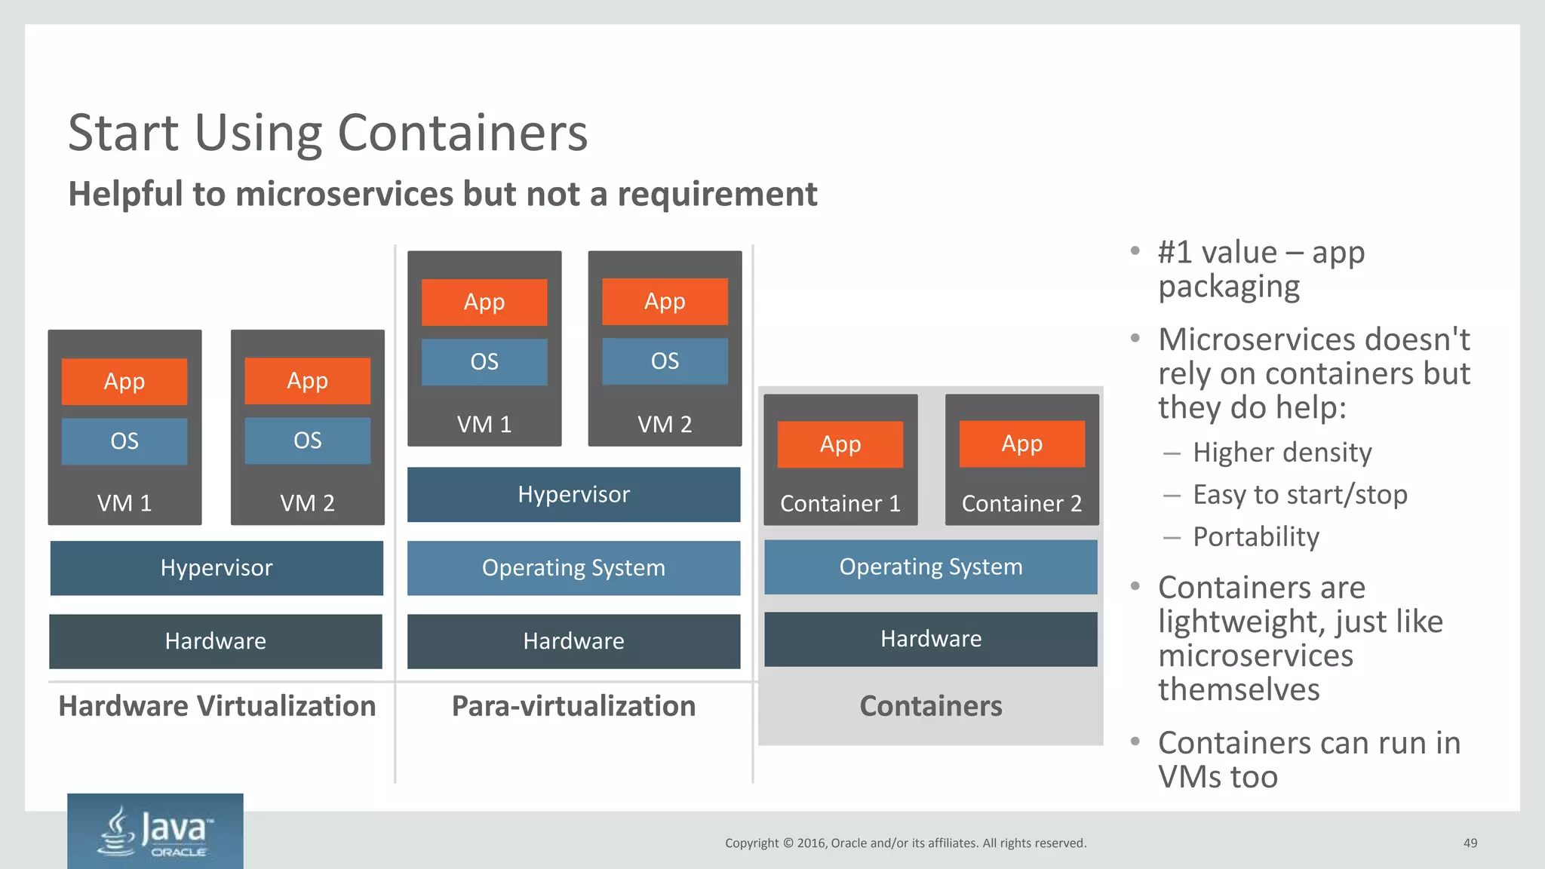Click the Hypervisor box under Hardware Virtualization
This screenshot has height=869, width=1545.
tap(217, 568)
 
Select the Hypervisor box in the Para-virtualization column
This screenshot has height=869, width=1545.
tap(573, 495)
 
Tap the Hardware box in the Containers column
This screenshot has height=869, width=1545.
tap(931, 639)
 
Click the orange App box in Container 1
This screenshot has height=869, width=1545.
tap(840, 444)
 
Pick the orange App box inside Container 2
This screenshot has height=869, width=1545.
tap(1021, 444)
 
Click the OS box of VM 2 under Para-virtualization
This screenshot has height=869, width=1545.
tap(665, 361)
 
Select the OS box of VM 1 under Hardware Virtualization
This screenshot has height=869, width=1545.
tap(124, 441)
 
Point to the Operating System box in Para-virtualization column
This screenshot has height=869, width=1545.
tap(573, 568)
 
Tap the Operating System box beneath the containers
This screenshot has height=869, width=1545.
tap(931, 567)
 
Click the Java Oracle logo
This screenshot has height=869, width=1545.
tap(155, 831)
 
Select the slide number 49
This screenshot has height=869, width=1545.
tap(1470, 843)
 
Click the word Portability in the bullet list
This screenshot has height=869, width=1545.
tap(1256, 537)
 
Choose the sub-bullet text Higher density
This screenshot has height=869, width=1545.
tap(1282, 453)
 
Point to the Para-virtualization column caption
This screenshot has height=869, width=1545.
tap(573, 706)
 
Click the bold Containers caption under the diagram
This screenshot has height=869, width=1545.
tap(931, 706)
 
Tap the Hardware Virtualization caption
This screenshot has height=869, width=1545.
tap(217, 706)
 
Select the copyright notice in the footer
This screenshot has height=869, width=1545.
tap(905, 843)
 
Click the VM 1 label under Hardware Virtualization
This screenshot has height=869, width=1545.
tap(124, 503)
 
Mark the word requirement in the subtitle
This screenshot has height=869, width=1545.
tap(717, 195)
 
